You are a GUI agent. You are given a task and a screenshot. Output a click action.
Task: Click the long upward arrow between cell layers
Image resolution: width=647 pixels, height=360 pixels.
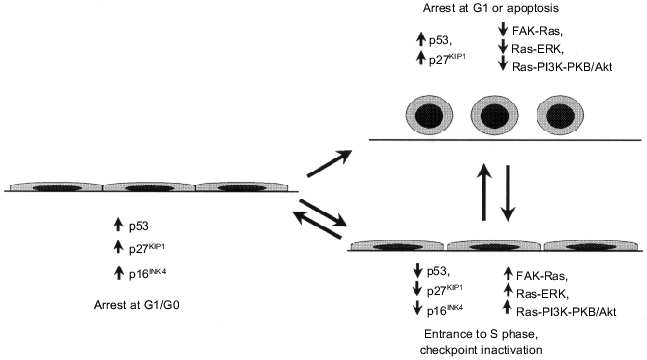coord(484,192)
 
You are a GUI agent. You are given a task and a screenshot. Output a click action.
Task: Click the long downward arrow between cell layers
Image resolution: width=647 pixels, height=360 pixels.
coord(508,192)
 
